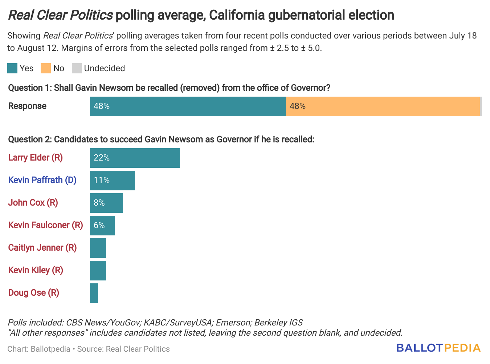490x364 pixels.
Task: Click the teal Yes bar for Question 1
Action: tap(188, 106)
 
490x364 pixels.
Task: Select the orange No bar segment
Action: tap(383, 106)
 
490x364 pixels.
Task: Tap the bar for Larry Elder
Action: tap(135, 158)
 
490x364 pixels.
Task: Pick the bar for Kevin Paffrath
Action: tap(113, 181)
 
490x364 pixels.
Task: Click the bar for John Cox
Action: tap(106, 203)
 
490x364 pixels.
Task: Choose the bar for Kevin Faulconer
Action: tap(102, 226)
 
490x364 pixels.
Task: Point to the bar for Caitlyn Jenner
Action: tap(98, 248)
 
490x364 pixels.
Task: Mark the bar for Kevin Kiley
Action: tap(98, 271)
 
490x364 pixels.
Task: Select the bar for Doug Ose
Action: tap(94, 293)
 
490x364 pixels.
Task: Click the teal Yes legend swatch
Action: tap(12, 68)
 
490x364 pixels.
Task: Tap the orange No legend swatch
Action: tap(46, 68)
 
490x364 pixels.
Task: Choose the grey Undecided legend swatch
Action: tap(77, 68)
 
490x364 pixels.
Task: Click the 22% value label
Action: tap(102, 158)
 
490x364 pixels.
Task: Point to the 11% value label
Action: tap(102, 180)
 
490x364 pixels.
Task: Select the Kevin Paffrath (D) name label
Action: tap(42, 180)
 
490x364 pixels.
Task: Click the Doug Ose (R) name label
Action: tap(33, 293)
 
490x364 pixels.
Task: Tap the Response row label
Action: tap(27, 106)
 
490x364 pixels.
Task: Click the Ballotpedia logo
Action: tap(438, 348)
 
